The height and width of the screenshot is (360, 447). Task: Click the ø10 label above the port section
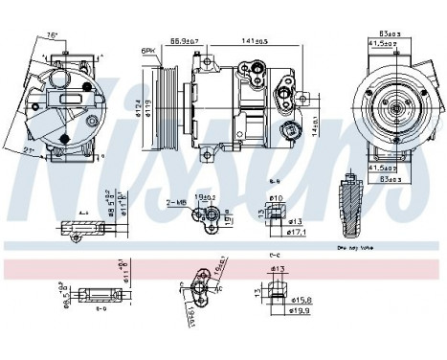(x=278, y=197)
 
